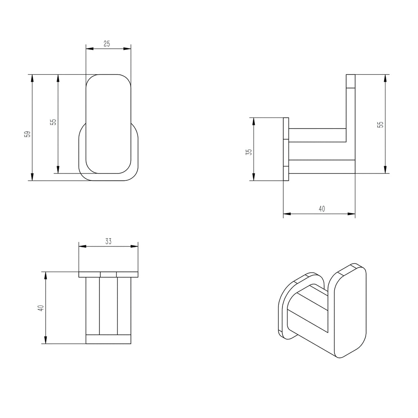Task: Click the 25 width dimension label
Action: pos(107,44)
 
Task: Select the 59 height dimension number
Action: pos(27,134)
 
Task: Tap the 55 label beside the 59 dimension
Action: pos(53,122)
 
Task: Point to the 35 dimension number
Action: pos(249,152)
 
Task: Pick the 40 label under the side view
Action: pos(322,209)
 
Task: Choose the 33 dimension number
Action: pos(108,242)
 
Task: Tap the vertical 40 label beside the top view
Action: pos(41,308)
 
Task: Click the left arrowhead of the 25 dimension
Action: pos(89,49)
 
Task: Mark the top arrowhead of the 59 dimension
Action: pos(32,78)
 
